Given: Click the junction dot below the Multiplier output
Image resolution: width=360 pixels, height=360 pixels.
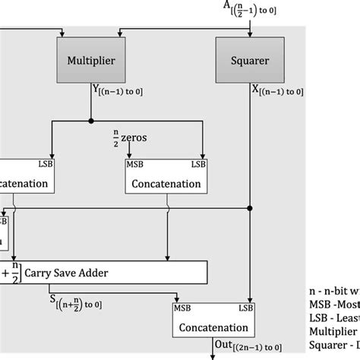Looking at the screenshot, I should pos(91,120).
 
